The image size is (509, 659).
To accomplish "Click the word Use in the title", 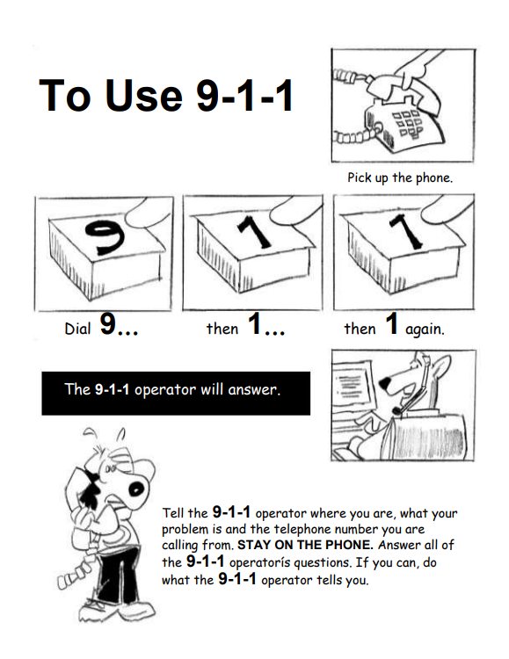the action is click(x=144, y=95).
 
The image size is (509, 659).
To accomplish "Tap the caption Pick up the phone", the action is click(x=400, y=178).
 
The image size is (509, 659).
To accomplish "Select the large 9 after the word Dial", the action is click(x=107, y=324).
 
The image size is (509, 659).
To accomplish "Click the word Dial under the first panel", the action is click(x=77, y=329).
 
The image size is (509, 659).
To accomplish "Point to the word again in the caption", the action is click(x=425, y=329).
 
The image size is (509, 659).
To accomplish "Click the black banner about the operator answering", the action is click(x=176, y=394).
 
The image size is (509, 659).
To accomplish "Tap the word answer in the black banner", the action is click(x=254, y=390).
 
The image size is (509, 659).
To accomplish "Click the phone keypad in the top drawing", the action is click(x=407, y=123).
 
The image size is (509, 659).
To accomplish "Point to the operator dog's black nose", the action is click(x=385, y=383).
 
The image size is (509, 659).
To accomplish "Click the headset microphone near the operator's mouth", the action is click(x=397, y=409).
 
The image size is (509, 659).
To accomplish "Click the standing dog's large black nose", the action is click(x=136, y=489).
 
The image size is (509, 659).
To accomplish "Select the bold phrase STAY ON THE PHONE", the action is click(x=305, y=545).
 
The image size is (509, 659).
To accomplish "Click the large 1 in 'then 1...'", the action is click(x=255, y=324).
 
